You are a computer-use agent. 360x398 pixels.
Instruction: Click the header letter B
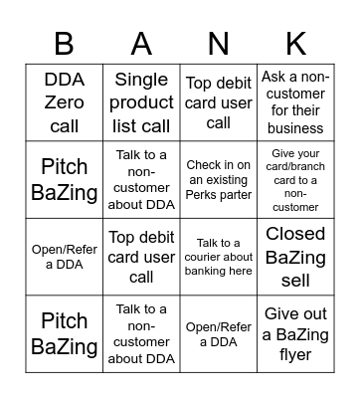tap(64, 43)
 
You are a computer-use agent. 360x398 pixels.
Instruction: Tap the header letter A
tap(141, 43)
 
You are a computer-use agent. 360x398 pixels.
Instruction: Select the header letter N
tap(219, 43)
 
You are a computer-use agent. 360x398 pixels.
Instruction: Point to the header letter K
tap(295, 43)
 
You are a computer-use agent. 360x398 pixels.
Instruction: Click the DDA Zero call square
tap(64, 102)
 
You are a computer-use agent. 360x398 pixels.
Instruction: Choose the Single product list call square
tap(141, 102)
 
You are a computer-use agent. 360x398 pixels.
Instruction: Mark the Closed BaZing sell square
tap(295, 256)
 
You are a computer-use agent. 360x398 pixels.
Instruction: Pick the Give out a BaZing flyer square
tap(295, 333)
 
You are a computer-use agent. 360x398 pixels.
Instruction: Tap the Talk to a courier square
tap(219, 256)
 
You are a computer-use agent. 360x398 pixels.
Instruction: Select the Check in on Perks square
tap(219, 179)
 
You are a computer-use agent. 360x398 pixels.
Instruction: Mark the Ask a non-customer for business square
tap(295, 102)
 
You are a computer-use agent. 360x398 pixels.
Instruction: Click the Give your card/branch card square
tap(295, 179)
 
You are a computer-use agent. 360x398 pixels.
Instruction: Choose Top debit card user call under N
tap(219, 102)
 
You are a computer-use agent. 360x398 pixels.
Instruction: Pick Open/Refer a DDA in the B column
tap(64, 256)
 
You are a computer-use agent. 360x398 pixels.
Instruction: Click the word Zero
tap(64, 102)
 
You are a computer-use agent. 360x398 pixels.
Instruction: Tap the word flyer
tap(295, 354)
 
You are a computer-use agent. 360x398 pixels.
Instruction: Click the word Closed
tap(295, 234)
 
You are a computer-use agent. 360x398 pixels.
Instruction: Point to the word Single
tap(141, 81)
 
